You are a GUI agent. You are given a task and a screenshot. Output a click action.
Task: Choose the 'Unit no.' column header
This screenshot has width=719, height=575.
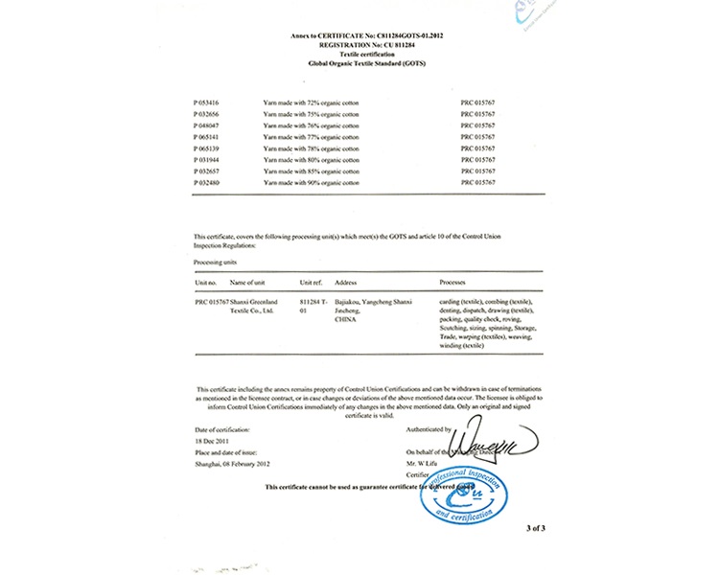(x=206, y=283)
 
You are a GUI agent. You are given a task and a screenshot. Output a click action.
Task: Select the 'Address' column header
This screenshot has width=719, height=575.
(x=346, y=283)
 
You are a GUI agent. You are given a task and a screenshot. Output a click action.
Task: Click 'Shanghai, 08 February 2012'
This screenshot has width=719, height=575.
(x=232, y=464)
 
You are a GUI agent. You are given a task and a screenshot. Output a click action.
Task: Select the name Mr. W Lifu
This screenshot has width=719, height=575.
(x=423, y=462)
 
